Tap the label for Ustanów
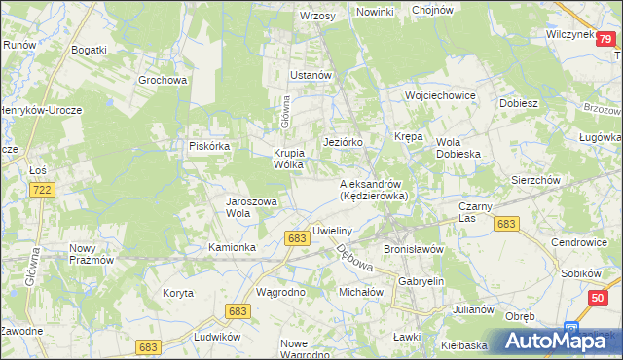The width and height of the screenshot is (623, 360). tap(311, 74)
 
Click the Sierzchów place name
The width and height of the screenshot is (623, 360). tap(534, 180)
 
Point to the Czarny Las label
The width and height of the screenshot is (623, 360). tap(477, 212)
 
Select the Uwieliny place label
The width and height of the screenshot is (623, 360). tap(331, 231)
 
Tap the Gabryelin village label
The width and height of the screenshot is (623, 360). tap(421, 281)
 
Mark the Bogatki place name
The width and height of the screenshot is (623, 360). tap(89, 48)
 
